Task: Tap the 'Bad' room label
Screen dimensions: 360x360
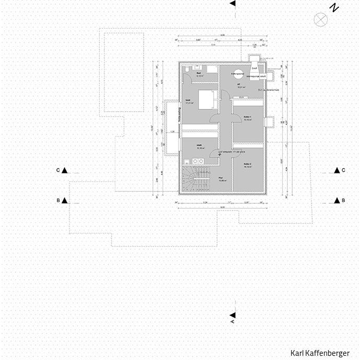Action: coord(199,73)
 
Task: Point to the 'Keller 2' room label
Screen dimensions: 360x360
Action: coord(247,164)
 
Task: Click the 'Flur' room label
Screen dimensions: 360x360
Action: coord(221,178)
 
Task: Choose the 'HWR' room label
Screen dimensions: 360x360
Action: coord(199,145)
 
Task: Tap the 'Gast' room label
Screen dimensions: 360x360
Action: coord(188,100)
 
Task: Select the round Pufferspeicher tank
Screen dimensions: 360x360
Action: coord(238,74)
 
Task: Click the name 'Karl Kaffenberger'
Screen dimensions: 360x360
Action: coord(320,353)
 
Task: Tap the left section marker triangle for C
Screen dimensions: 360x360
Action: coord(65,170)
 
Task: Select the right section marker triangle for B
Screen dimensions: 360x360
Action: coord(336,201)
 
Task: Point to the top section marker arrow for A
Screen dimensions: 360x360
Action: coord(233,4)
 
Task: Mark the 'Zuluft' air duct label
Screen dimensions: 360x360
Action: coord(254,68)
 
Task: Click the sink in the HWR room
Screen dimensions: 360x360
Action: coord(187,161)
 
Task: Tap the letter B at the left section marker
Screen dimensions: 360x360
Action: coord(58,201)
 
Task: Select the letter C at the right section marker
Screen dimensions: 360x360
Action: coord(343,170)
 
